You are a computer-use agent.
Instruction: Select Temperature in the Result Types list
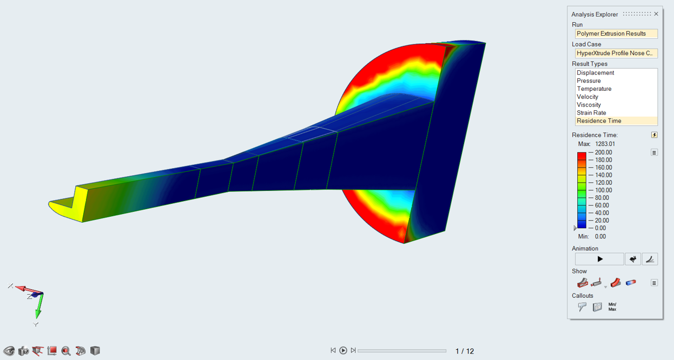click(x=594, y=89)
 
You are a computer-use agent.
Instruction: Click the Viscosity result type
click(x=589, y=105)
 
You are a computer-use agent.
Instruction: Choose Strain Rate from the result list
click(x=591, y=113)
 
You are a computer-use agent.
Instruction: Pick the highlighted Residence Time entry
click(x=599, y=121)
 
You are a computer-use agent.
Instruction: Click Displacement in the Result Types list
click(x=595, y=73)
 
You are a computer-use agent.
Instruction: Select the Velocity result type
click(x=587, y=97)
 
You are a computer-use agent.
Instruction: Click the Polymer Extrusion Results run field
click(x=616, y=34)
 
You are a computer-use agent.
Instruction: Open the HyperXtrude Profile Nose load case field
click(x=616, y=53)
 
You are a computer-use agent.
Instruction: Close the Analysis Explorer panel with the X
click(x=656, y=14)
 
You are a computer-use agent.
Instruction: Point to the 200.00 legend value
click(x=603, y=152)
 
